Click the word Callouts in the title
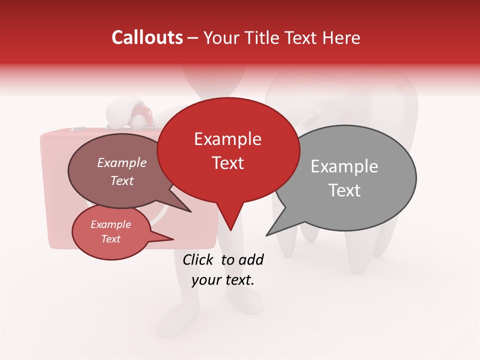pyautogui.click(x=147, y=37)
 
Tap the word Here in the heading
pyautogui.click(x=342, y=37)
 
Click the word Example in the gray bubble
pyautogui.click(x=344, y=166)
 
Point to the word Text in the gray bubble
pyautogui.click(x=344, y=190)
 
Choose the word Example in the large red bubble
pyautogui.click(x=227, y=139)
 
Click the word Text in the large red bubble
pyautogui.click(x=227, y=163)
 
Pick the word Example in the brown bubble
pyautogui.click(x=121, y=162)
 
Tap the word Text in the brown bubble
pyautogui.click(x=121, y=180)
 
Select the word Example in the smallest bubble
pyautogui.click(x=110, y=224)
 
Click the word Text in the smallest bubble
pyautogui.click(x=110, y=239)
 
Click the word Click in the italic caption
pyautogui.click(x=199, y=259)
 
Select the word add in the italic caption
pyautogui.click(x=250, y=259)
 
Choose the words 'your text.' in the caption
pyautogui.click(x=223, y=280)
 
